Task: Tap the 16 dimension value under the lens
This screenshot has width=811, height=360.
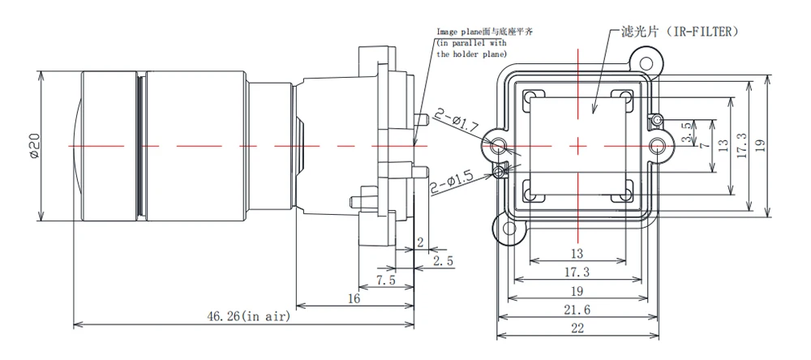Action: (x=354, y=298)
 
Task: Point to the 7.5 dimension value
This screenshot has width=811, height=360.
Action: (x=386, y=281)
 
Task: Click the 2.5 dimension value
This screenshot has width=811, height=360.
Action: (x=443, y=261)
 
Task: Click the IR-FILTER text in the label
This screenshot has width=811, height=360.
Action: (x=702, y=31)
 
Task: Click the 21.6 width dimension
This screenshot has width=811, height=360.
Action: (x=577, y=310)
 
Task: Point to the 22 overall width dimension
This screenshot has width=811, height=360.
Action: (x=577, y=328)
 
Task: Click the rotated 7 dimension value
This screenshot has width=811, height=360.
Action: (x=705, y=144)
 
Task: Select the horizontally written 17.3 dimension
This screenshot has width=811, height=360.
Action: (x=577, y=272)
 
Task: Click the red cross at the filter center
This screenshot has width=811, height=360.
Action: (x=577, y=145)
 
